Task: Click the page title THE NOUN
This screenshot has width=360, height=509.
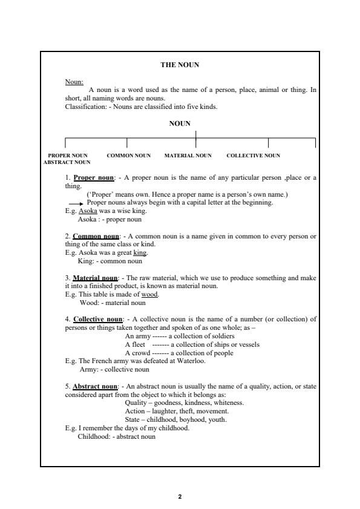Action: tap(179, 65)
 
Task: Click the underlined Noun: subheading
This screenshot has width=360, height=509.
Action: tap(74, 82)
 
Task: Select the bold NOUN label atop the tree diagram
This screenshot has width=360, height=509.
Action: tap(179, 123)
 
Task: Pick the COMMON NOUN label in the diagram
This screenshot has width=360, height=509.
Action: tap(128, 156)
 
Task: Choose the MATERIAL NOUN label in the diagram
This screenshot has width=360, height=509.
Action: tap(188, 156)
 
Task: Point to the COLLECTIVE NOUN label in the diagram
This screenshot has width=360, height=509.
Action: tap(253, 156)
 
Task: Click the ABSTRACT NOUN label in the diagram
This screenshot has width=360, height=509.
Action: tap(67, 162)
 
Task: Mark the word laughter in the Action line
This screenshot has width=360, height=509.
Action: tap(159, 410)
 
